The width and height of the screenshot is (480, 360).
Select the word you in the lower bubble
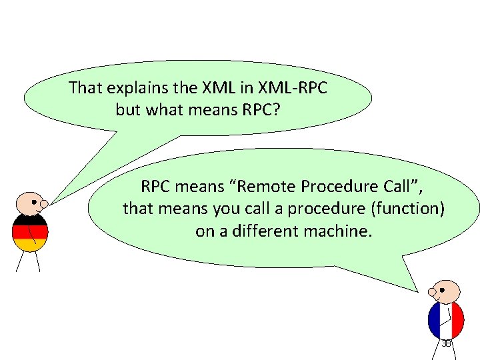pyautogui.click(x=228, y=209)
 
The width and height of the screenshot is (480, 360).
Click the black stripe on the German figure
pyautogui.click(x=29, y=219)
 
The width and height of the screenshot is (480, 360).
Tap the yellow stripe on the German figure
pyautogui.click(x=29, y=245)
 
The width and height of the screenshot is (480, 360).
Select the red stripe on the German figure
pyautogui.click(x=29, y=232)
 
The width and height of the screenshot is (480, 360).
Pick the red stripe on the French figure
pyautogui.click(x=457, y=319)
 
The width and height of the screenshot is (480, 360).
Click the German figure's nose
pyautogui.click(x=44, y=203)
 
